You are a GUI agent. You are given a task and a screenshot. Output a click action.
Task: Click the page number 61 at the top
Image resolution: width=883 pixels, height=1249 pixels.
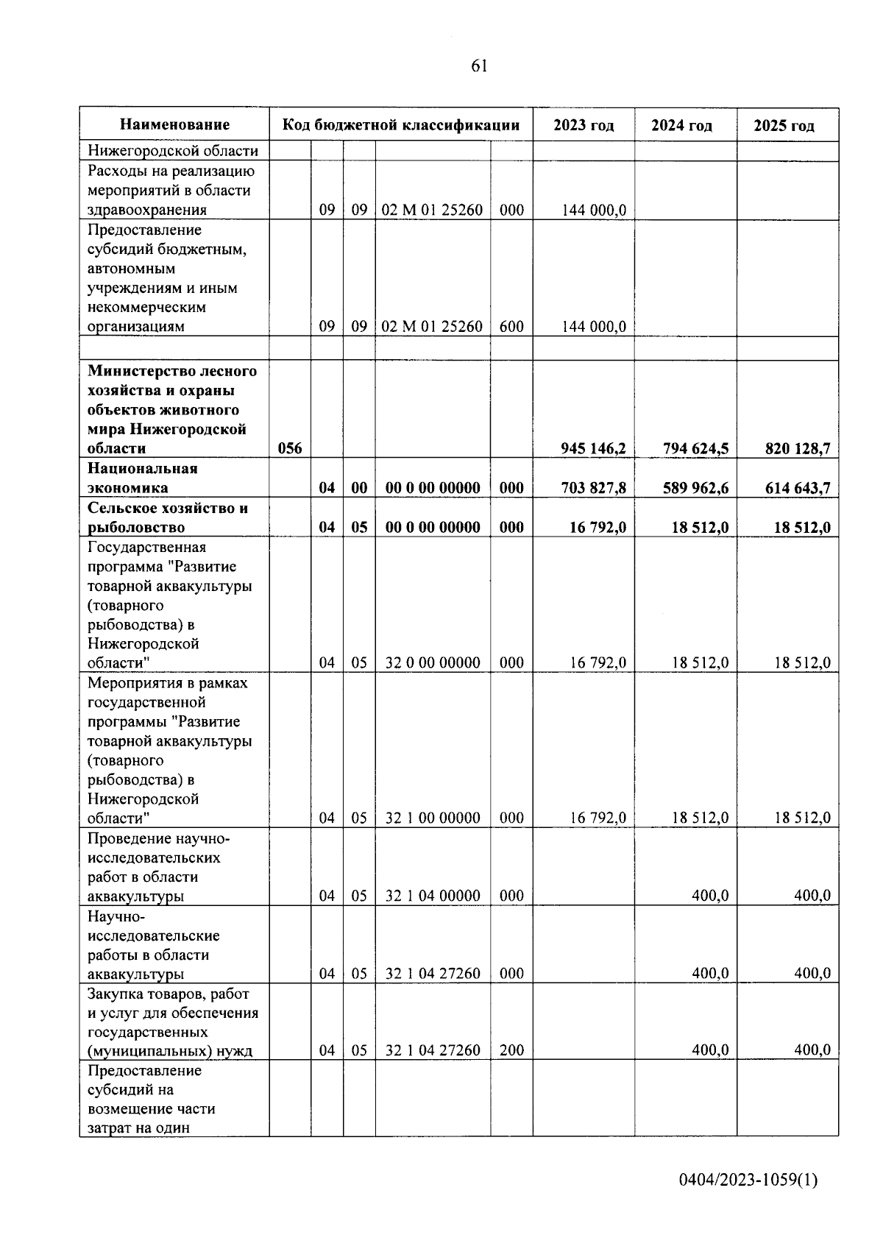point(478,66)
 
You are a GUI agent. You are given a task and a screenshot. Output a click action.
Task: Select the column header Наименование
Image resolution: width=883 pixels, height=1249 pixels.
point(174,125)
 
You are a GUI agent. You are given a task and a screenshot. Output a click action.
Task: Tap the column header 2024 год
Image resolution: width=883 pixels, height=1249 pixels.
point(681,126)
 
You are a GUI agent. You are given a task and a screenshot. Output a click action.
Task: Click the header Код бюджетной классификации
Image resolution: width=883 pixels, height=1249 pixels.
point(401,125)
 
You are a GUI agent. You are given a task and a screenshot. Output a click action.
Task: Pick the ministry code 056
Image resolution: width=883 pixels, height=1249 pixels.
point(290,448)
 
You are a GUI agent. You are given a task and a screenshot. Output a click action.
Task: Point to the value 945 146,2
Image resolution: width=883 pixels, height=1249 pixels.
point(593,448)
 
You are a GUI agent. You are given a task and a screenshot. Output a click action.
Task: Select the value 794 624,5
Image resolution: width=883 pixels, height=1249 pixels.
point(695,448)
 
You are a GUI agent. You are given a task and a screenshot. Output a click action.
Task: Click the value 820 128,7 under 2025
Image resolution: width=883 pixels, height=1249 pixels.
point(797,448)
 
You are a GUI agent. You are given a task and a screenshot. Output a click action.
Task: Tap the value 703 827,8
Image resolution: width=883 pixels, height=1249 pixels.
point(593,488)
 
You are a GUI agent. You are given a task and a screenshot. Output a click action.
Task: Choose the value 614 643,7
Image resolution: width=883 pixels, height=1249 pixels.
point(797,488)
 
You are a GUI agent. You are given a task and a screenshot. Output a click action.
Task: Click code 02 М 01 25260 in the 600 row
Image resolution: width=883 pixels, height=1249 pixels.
point(433,327)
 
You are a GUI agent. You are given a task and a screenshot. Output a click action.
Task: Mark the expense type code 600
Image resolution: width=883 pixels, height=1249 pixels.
point(511,327)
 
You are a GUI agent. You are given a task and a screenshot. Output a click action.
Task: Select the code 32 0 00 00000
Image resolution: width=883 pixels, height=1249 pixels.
point(433,662)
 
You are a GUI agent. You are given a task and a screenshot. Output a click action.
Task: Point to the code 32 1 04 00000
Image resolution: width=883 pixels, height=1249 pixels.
point(433,896)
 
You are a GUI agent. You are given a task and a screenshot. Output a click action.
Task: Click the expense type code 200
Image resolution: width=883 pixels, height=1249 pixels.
point(511,1050)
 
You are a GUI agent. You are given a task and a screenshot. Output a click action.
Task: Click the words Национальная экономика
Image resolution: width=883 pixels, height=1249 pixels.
point(143,478)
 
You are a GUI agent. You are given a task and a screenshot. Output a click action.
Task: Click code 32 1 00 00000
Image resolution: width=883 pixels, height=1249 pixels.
point(433,818)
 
